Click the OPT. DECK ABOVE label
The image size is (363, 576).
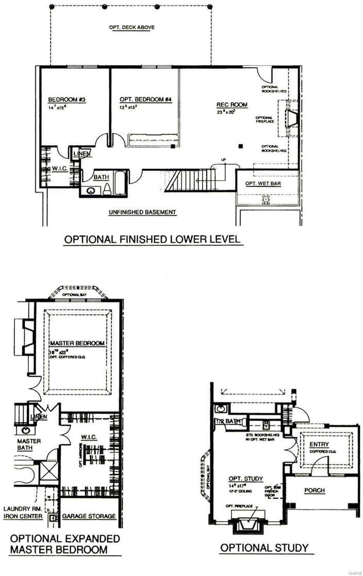(x=132, y=27)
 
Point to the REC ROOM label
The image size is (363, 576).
(x=232, y=105)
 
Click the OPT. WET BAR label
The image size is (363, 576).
(x=263, y=184)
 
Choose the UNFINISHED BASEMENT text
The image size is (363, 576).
(x=142, y=212)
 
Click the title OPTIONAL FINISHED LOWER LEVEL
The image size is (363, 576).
(x=152, y=239)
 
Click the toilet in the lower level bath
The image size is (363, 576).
(x=107, y=189)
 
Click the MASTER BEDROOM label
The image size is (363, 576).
(x=77, y=343)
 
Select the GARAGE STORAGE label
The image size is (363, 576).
(x=89, y=516)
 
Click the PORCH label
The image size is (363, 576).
(x=315, y=490)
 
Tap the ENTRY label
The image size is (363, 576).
(x=319, y=445)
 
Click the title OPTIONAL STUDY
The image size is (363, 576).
(x=264, y=548)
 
